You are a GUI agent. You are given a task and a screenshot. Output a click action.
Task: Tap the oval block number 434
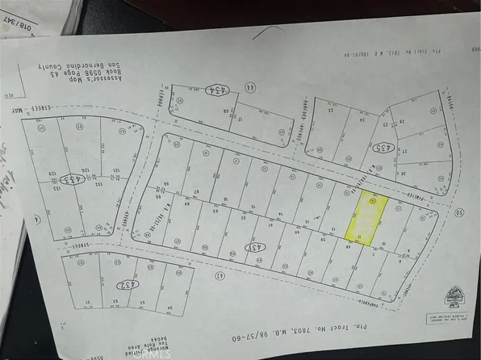(215, 90)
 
